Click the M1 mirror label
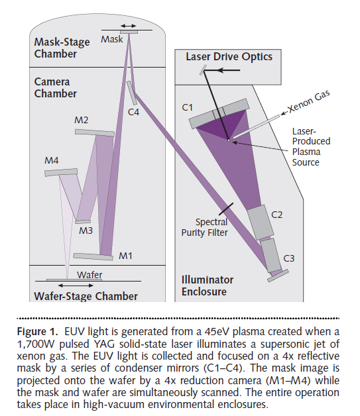[x=125, y=256]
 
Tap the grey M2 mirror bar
[x=95, y=133]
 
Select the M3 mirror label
[x=86, y=231]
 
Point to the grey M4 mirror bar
[x=61, y=172]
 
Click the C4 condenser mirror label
[x=133, y=112]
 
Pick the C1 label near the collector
[x=188, y=107]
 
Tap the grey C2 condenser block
[x=261, y=222]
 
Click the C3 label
[x=289, y=258]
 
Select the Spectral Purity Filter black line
[x=226, y=209]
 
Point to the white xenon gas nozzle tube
[x=256, y=127]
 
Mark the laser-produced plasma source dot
[x=229, y=140]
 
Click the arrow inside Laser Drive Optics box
[x=229, y=70]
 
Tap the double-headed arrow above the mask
[x=129, y=26]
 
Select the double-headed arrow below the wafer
[x=76, y=286]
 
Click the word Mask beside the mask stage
[x=112, y=39]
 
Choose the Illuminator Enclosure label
[x=208, y=286]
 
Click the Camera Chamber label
[x=56, y=87]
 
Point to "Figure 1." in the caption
[x=37, y=332]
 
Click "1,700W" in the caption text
[x=36, y=344]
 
